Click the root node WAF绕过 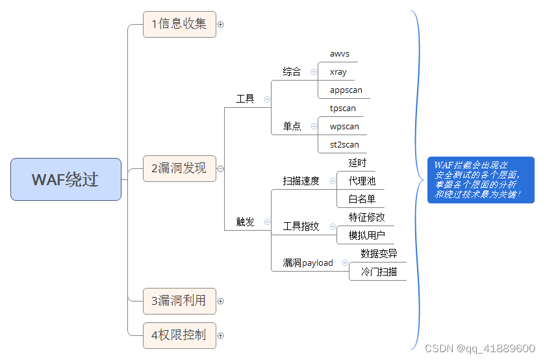(x=66, y=179)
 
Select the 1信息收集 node (x=179, y=24)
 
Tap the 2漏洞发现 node (x=179, y=168)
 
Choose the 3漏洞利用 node (x=179, y=301)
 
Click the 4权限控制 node (x=179, y=335)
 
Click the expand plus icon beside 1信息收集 (x=220, y=25)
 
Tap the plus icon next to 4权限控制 (x=220, y=336)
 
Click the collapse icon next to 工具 (x=267, y=99)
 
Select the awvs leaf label (x=340, y=54)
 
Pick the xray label (x=338, y=72)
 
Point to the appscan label (x=346, y=90)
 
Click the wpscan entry (x=344, y=127)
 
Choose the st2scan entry (x=344, y=145)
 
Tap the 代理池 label (x=362, y=181)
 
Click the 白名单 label (x=362, y=199)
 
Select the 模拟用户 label (x=366, y=235)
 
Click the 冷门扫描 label (x=379, y=272)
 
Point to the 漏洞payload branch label (x=308, y=263)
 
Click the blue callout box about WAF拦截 (x=480, y=179)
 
